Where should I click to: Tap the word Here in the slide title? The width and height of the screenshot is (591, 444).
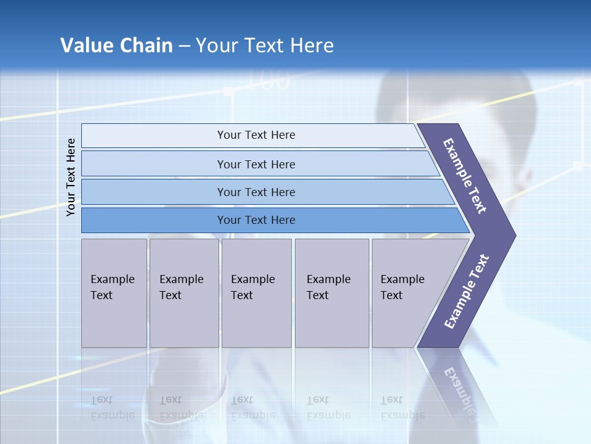312,46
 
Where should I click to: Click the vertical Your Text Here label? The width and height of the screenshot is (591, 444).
71,177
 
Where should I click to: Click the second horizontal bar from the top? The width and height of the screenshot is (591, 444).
256,164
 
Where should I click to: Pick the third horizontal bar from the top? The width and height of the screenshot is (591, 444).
256,192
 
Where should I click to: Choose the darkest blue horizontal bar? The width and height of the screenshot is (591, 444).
256,220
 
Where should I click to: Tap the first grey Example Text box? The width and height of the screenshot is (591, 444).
113,292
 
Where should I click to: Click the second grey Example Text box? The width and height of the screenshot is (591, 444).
183,292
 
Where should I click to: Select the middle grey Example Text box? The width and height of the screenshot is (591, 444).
256,292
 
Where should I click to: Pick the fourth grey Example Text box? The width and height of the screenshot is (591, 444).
331,292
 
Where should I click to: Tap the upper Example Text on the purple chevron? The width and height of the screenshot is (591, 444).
465,176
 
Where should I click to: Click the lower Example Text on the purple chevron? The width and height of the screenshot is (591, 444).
467,292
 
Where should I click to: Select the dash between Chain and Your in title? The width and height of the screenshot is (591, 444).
184,46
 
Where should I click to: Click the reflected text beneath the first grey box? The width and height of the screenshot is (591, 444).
112,408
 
